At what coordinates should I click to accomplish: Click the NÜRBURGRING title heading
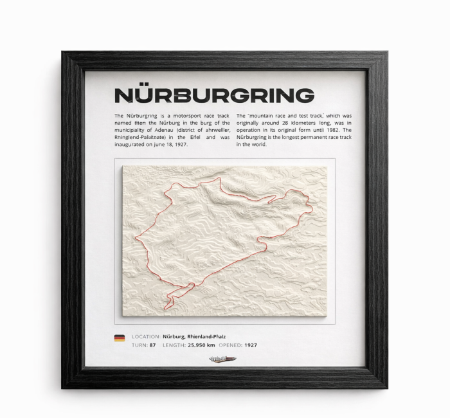click(214, 96)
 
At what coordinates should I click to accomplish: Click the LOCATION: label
click(146, 336)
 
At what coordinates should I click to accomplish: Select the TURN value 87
click(152, 345)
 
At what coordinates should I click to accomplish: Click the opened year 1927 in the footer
click(251, 345)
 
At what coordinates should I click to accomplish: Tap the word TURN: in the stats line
click(139, 345)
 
